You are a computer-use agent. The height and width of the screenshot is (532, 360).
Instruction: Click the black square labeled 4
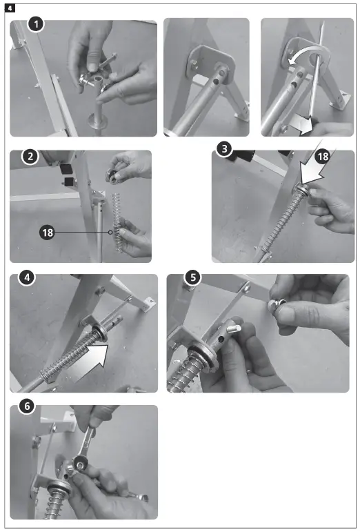10,8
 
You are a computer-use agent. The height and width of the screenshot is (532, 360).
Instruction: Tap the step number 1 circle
36,24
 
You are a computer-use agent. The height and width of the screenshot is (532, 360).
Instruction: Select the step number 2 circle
30,157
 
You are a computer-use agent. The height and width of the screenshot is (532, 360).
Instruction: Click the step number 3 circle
224,148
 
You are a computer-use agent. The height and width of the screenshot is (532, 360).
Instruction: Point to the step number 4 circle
27,277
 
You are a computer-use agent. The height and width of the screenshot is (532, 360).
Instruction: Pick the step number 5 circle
193,277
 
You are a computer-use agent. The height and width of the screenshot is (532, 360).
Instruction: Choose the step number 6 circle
27,406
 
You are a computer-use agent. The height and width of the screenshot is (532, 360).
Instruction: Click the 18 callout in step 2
48,233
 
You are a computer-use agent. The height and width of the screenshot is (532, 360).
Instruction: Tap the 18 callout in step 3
322,157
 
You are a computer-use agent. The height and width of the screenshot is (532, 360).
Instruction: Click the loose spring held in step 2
117,223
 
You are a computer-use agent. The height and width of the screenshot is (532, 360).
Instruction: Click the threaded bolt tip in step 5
234,328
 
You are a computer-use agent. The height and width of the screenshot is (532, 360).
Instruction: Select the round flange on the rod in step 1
96,120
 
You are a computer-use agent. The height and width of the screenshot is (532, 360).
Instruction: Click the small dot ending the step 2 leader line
110,233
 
